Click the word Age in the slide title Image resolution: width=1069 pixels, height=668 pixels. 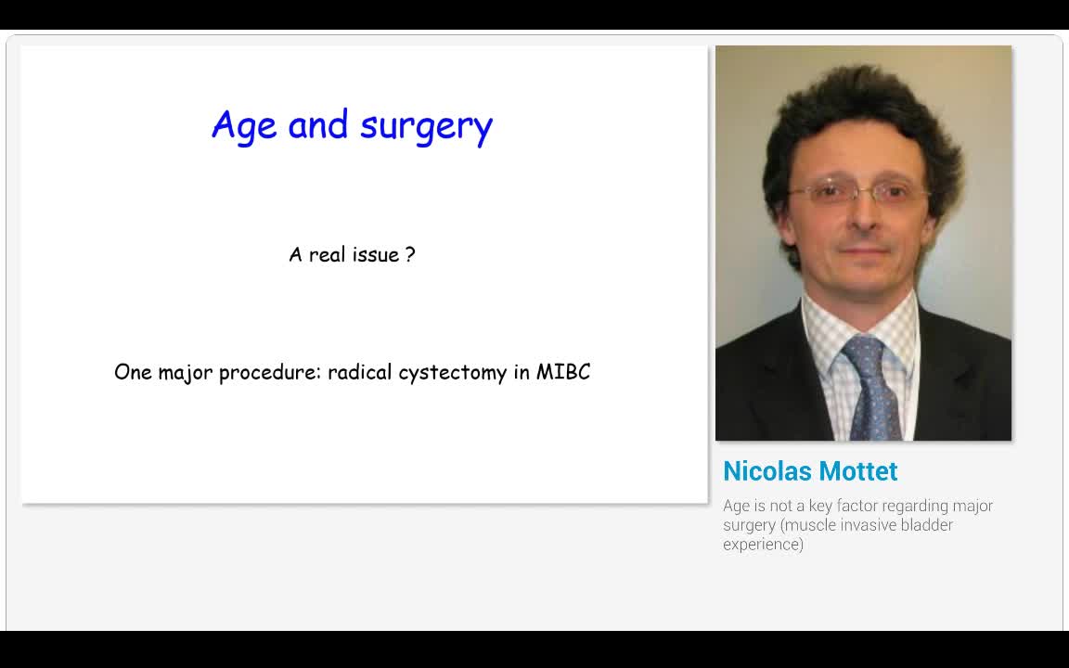pos(244,125)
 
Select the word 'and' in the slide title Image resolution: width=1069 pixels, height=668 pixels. pos(317,124)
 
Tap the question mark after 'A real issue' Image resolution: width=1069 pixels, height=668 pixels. pos(410,254)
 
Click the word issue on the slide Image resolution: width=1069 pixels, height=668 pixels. pos(376,254)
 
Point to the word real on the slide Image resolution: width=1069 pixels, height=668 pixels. pos(327,254)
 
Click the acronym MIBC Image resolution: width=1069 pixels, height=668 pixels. pos(563,372)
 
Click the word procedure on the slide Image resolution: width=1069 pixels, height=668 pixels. pos(270,373)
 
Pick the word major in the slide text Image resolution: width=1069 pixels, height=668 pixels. pos(186,373)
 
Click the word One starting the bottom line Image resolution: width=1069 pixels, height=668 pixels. pos(133,372)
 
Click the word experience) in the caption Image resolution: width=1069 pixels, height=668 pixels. pos(763,545)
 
